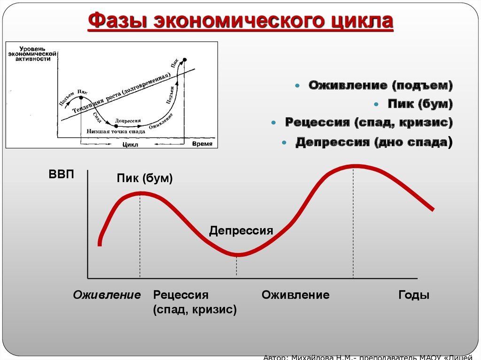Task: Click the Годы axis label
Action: pyautogui.click(x=414, y=295)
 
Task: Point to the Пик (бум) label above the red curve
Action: pyautogui.click(x=145, y=179)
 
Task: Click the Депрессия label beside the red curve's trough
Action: pyautogui.click(x=241, y=230)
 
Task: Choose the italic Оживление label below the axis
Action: pyautogui.click(x=107, y=295)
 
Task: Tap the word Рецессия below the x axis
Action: pyautogui.click(x=180, y=295)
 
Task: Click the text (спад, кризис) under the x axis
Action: pyautogui.click(x=194, y=310)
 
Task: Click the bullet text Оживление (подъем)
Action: pyautogui.click(x=380, y=85)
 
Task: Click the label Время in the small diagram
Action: pyautogui.click(x=202, y=144)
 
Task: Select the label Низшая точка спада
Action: pyautogui.click(x=116, y=131)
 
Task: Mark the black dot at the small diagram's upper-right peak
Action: pyautogui.click(x=185, y=60)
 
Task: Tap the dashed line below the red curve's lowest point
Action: pyautogui.click(x=237, y=267)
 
